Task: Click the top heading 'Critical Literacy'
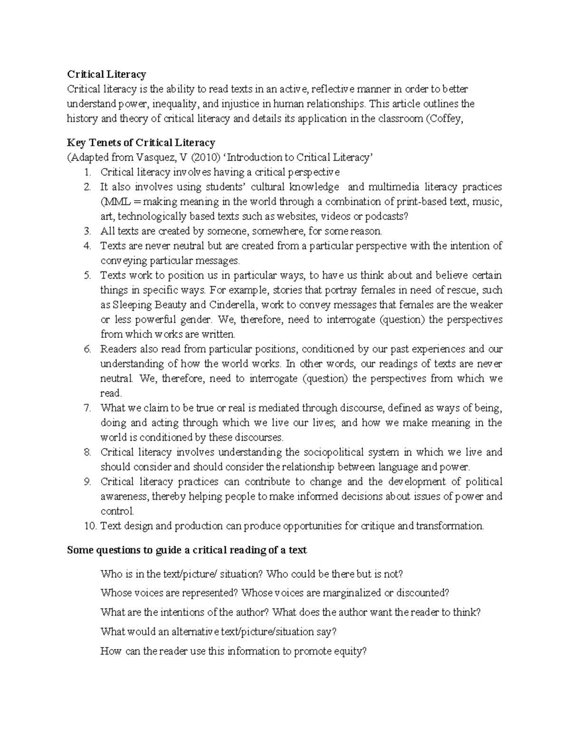[x=106, y=74]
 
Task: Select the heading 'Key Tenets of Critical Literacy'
[x=141, y=142]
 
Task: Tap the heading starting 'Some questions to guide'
[x=187, y=550]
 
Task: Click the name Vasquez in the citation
[x=147, y=158]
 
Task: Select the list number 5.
[x=87, y=275]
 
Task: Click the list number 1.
[x=87, y=172]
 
